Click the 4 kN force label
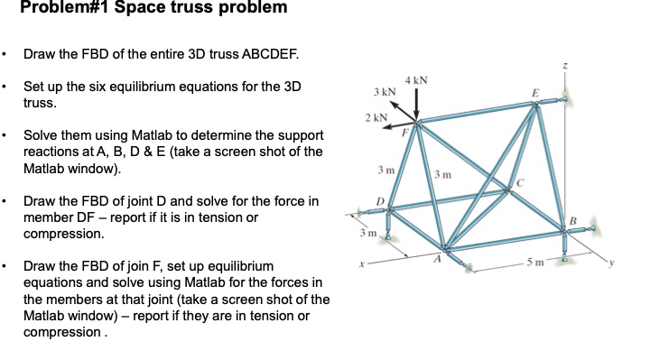pyautogui.click(x=416, y=82)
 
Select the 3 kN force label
pyautogui.click(x=384, y=93)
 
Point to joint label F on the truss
pyautogui.click(x=406, y=132)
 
